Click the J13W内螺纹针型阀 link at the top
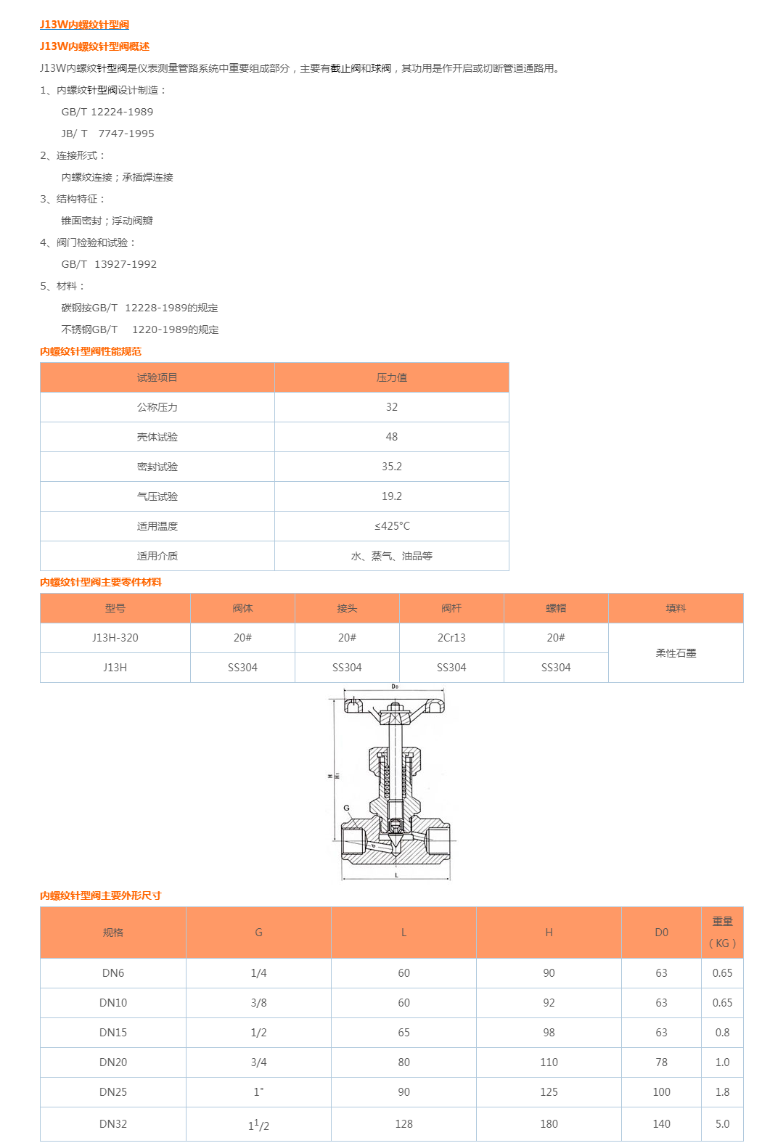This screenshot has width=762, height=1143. click(x=84, y=25)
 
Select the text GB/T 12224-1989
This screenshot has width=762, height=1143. click(x=107, y=112)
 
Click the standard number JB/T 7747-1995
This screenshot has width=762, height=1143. click(x=107, y=134)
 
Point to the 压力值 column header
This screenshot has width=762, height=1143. click(x=392, y=377)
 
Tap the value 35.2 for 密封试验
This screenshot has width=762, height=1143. click(x=392, y=467)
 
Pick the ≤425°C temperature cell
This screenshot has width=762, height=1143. click(x=392, y=526)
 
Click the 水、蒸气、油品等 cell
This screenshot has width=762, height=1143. click(x=392, y=556)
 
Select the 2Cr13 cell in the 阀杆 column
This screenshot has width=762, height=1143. click(x=451, y=638)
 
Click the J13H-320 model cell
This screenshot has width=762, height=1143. click(x=115, y=638)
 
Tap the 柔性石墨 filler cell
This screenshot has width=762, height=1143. click(x=676, y=653)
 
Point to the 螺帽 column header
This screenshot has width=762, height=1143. click(x=556, y=608)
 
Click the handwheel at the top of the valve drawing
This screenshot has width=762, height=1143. click(x=394, y=705)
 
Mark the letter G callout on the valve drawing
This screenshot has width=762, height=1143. click(x=346, y=808)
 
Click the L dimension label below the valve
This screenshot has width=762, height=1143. click(x=396, y=875)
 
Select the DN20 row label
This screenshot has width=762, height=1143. click(x=113, y=1062)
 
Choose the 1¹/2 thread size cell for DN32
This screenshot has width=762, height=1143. click(x=258, y=1125)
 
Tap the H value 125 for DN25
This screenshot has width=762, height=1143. click(x=549, y=1092)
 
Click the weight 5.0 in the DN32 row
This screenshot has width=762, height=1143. click(x=722, y=1124)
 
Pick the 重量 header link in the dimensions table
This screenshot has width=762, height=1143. click(x=722, y=922)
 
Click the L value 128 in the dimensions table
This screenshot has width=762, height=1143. click(x=403, y=1124)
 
